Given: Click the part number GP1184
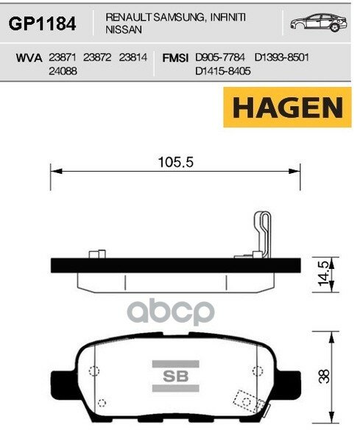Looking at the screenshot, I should tap(42, 24).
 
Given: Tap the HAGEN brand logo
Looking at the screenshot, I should tap(288, 108).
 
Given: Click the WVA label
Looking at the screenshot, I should tap(29, 57).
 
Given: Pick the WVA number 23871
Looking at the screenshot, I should tap(61, 57).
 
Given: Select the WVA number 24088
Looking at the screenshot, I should tap(62, 72).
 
